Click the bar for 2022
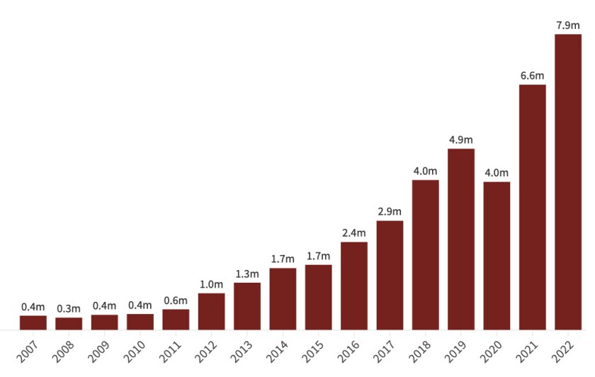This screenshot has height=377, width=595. pyautogui.click(x=568, y=182)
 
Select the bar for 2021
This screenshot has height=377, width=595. pyautogui.click(x=533, y=207)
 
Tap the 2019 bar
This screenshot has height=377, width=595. pyautogui.click(x=461, y=239)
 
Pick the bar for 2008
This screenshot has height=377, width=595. pyautogui.click(x=69, y=323)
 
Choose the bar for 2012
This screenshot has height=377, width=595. pyautogui.click(x=212, y=311)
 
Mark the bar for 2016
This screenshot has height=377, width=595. pyautogui.click(x=354, y=286)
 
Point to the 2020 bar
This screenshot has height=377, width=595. pyautogui.click(x=497, y=256)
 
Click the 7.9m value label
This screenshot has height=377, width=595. pyautogui.click(x=568, y=25)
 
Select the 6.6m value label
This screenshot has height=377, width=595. pyautogui.click(x=533, y=76)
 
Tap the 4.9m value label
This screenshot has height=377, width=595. pyautogui.click(x=461, y=140)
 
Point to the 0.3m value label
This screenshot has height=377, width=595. pyautogui.click(x=69, y=308)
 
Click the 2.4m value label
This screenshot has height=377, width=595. pyautogui.click(x=354, y=233)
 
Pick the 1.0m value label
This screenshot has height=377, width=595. pyautogui.click(x=212, y=284)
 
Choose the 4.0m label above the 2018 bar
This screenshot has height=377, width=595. pyautogui.click(x=426, y=171)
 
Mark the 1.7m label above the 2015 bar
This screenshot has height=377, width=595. pyautogui.click(x=319, y=256)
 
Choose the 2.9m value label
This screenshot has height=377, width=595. pyautogui.click(x=390, y=212)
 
